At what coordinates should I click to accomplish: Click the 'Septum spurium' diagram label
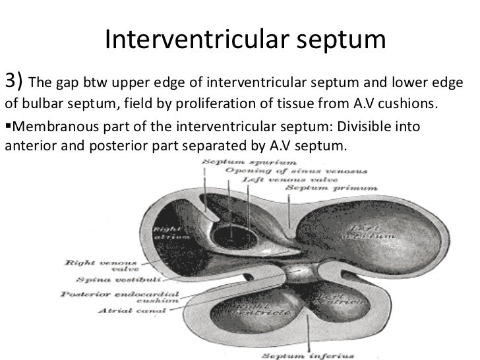231,161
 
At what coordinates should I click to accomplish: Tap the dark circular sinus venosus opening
229,235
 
